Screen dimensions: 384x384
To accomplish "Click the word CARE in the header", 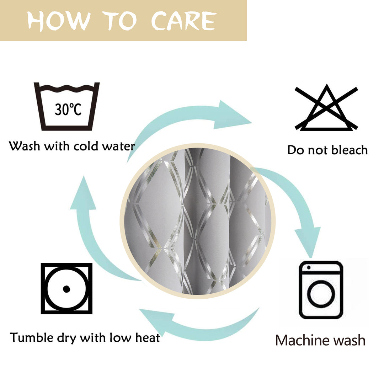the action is [184, 21].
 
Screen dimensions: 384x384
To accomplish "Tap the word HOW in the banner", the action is [59, 21].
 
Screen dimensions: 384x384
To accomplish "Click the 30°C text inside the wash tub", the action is [68, 109].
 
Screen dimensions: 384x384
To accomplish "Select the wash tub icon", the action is [66, 107].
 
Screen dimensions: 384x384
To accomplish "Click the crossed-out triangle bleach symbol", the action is [326, 107].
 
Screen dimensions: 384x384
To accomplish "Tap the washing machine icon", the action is [321, 290].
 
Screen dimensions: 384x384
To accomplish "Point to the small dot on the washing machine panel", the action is [309, 268].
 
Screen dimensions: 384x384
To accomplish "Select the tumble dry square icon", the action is [66, 288].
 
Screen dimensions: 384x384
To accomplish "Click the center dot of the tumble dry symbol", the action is [66, 289].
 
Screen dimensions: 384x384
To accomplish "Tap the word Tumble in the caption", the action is [32, 337].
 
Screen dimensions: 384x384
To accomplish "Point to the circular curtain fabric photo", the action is [198, 221].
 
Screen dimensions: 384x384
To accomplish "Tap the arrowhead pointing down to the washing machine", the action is [308, 242].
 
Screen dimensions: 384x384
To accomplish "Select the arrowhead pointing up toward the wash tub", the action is [83, 193].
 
